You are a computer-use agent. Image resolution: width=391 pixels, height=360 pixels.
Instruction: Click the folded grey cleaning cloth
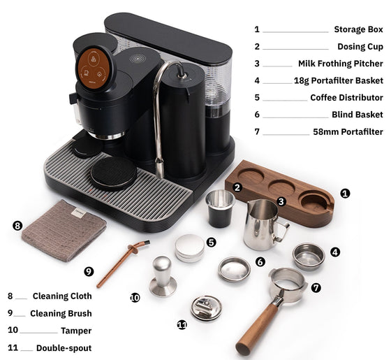pyautogui.click(x=64, y=231)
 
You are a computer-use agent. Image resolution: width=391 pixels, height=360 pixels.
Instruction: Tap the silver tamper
pyautogui.click(x=163, y=276)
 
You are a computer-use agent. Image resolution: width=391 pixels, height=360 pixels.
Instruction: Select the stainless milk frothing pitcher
pyautogui.click(x=265, y=224)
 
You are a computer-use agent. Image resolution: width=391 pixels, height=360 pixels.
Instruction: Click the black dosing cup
pyautogui.click(x=220, y=209)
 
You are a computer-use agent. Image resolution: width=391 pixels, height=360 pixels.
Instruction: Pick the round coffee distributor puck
pyautogui.click(x=190, y=248)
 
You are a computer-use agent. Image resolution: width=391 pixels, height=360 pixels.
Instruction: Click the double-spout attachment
pyautogui.click(x=206, y=308)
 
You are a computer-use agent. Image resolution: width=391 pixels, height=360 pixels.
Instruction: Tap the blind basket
pyautogui.click(x=234, y=269)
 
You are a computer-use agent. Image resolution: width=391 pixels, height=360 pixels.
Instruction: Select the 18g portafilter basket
pyautogui.click(x=309, y=257)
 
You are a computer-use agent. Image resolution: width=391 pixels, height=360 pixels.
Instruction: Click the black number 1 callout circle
pyautogui.click(x=345, y=193)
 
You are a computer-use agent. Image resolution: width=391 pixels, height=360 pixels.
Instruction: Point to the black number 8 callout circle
pyautogui.click(x=17, y=226)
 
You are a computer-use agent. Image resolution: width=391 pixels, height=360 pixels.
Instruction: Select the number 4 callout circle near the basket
pyautogui.click(x=335, y=252)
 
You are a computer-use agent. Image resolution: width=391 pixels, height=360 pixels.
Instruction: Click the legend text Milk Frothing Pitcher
pyautogui.click(x=341, y=64)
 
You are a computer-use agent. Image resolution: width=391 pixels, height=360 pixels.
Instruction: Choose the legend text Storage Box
pyautogui.click(x=358, y=29)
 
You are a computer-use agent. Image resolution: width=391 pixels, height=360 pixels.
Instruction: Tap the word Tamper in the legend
pyautogui.click(x=76, y=331)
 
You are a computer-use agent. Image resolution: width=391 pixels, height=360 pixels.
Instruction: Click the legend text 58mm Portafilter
pyautogui.click(x=348, y=131)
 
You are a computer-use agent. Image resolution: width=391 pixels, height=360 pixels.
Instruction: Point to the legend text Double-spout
pyautogui.click(x=64, y=348)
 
